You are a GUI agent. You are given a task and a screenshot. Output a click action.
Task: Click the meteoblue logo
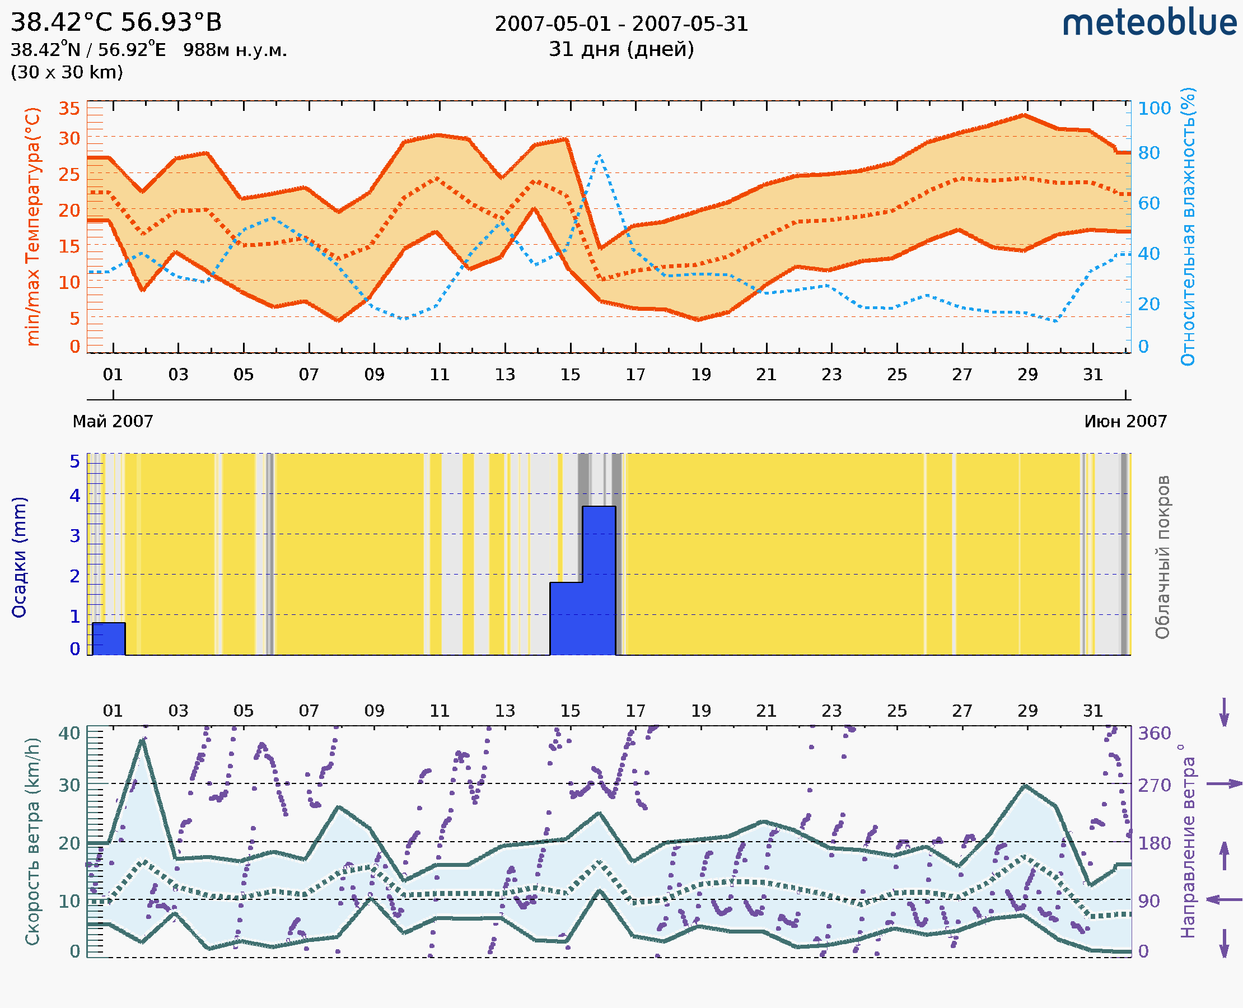point(1149,23)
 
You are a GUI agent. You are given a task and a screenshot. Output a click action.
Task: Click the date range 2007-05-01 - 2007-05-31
point(621,24)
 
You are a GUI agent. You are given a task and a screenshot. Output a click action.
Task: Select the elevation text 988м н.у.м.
point(235,50)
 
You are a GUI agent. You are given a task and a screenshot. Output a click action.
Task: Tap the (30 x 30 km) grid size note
point(67,72)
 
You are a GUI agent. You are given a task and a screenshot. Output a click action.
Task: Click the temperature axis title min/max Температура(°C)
point(33,226)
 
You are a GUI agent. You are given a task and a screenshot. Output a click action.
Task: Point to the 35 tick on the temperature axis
point(69,109)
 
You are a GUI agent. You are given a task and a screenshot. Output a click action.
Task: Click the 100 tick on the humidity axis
point(1154,109)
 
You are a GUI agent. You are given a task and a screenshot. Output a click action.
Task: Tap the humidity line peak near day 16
point(599,155)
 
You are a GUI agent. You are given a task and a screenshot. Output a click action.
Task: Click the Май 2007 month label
point(113,421)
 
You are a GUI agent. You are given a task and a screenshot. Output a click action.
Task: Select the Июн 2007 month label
point(1125,421)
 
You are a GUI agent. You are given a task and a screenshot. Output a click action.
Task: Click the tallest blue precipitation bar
point(599,581)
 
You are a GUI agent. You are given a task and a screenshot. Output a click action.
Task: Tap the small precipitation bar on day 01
point(109,639)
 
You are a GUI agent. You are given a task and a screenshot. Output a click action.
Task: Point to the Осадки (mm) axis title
point(19,557)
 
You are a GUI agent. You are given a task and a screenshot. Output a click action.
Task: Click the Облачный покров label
point(1162,557)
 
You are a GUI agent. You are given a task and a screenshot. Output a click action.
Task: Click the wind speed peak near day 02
point(142,741)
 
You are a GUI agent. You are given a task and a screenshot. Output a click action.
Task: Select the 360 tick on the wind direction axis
point(1154,734)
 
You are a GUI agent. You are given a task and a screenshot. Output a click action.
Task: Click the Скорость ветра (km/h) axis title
point(32,841)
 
